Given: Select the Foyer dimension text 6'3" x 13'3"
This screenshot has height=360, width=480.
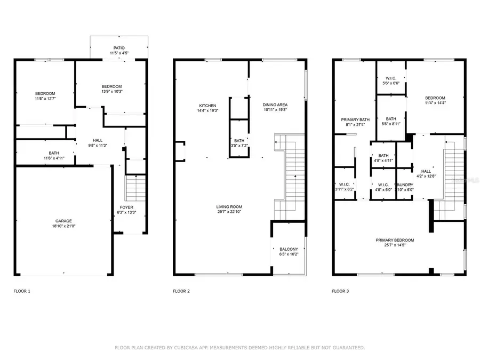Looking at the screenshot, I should tap(126, 212).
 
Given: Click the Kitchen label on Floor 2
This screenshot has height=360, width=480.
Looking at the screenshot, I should tap(207, 105).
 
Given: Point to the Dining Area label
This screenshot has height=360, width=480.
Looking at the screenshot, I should tap(275, 105).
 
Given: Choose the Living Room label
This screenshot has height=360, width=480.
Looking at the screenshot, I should tap(229, 207).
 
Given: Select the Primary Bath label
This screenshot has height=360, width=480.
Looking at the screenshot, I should tap(356, 119).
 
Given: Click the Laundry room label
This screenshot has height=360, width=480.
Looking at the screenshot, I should tap(404, 185).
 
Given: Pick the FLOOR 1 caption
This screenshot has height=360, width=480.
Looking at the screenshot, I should tap(22, 291).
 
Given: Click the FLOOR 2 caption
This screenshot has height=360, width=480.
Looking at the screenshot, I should tap(181, 291).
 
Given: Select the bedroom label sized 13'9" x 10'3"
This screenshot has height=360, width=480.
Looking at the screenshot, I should tap(112, 86).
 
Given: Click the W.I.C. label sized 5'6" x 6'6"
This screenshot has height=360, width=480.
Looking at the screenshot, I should tap(391, 78).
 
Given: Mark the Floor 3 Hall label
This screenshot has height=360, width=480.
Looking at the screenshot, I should tap(426, 171).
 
